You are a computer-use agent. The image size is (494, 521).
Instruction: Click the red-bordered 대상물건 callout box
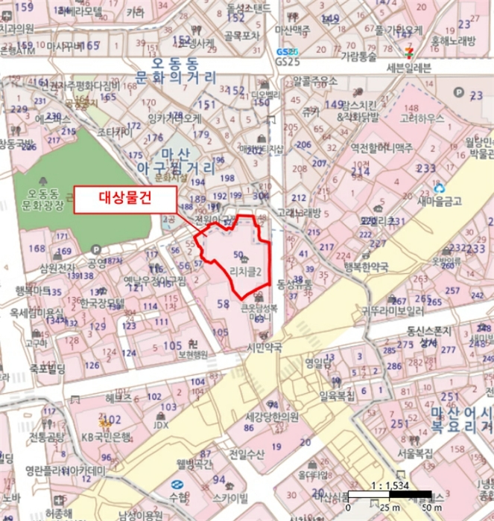click(125, 198)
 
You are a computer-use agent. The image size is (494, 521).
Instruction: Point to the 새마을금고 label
click(440, 201)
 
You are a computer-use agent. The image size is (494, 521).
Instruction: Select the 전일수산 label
click(247, 453)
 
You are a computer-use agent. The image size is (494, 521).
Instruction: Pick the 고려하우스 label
click(422, 118)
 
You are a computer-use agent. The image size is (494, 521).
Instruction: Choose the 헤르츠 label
click(118, 398)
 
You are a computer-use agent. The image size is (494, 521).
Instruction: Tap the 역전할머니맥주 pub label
click(381, 149)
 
